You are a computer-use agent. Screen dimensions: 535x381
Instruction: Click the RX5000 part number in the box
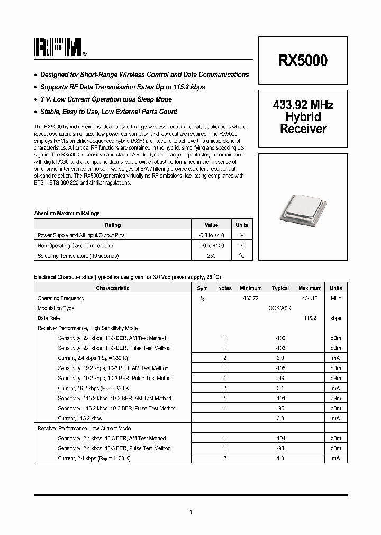[303, 61]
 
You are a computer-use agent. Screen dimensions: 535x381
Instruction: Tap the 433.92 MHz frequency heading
[303, 105]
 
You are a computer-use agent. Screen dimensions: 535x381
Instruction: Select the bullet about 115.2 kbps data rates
[122, 87]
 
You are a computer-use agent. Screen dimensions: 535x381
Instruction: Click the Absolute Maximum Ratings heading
[67, 214]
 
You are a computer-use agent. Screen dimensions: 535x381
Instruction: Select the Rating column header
[113, 225]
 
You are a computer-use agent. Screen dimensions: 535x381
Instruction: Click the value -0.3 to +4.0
[211, 235]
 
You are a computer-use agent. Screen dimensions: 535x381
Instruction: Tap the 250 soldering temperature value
[211, 256]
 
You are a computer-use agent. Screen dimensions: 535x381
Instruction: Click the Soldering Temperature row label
[78, 256]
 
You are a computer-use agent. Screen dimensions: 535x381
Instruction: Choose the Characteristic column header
[112, 288]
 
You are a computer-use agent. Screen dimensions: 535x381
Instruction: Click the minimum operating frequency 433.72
[251, 298]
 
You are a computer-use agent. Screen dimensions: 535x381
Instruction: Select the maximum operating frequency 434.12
[310, 298]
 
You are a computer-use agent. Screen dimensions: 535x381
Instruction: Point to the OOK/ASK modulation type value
[280, 308]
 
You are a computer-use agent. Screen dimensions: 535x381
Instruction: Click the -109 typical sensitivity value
[280, 338]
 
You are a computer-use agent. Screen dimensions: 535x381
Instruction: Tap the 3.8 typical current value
[280, 418]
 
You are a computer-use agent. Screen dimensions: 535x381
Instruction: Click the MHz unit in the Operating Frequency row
[335, 298]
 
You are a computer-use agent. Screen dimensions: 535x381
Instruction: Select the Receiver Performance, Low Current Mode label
[84, 428]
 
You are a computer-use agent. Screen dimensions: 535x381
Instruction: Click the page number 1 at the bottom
[190, 512]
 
